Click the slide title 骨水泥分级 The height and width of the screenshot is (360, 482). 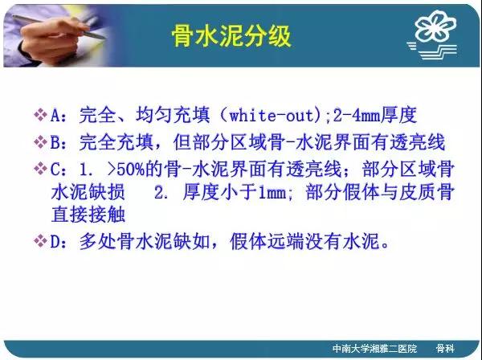(x=231, y=36)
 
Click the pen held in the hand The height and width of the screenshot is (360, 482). (x=59, y=27)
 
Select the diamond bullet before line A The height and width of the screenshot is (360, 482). (x=40, y=115)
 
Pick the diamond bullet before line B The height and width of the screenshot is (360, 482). (x=40, y=142)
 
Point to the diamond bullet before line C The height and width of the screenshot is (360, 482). (x=40, y=169)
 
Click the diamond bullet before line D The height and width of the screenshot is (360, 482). (x=40, y=241)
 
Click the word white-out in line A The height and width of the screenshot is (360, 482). (x=272, y=115)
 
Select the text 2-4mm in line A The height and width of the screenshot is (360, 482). (x=357, y=115)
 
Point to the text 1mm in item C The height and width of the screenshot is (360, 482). (x=272, y=192)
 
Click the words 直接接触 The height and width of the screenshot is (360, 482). (x=88, y=215)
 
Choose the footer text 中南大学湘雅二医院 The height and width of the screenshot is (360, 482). (x=374, y=349)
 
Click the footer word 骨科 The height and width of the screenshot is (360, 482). (x=445, y=349)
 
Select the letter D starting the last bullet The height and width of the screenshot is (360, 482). (x=55, y=241)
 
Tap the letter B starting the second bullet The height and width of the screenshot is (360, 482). (x=55, y=142)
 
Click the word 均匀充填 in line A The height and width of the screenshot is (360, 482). (x=173, y=115)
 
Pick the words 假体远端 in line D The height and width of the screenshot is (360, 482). (x=267, y=241)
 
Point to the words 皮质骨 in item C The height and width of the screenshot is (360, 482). (x=427, y=192)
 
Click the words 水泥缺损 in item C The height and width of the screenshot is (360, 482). (x=88, y=192)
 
